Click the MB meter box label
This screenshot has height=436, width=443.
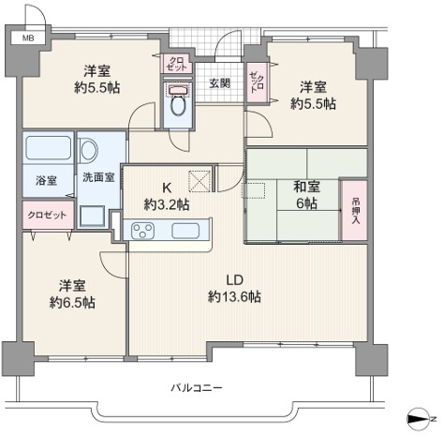(28, 38)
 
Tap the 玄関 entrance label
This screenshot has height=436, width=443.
(219, 83)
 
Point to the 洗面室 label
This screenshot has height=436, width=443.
(98, 177)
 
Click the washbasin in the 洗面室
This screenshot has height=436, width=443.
(88, 151)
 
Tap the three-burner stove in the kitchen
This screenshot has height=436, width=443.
(142, 231)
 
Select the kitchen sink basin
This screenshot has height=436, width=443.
(185, 231)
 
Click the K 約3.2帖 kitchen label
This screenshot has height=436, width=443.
(167, 196)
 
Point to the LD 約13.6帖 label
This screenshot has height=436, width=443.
(234, 288)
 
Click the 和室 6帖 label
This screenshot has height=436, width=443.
(306, 195)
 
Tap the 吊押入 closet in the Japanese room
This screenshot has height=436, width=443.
(354, 210)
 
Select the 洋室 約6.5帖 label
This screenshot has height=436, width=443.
(72, 294)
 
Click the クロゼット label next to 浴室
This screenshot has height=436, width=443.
(47, 215)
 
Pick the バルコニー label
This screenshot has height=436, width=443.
(197, 388)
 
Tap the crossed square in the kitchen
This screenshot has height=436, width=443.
(199, 181)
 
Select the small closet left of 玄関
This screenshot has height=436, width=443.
(177, 64)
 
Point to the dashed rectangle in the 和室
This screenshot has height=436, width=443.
(254, 190)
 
